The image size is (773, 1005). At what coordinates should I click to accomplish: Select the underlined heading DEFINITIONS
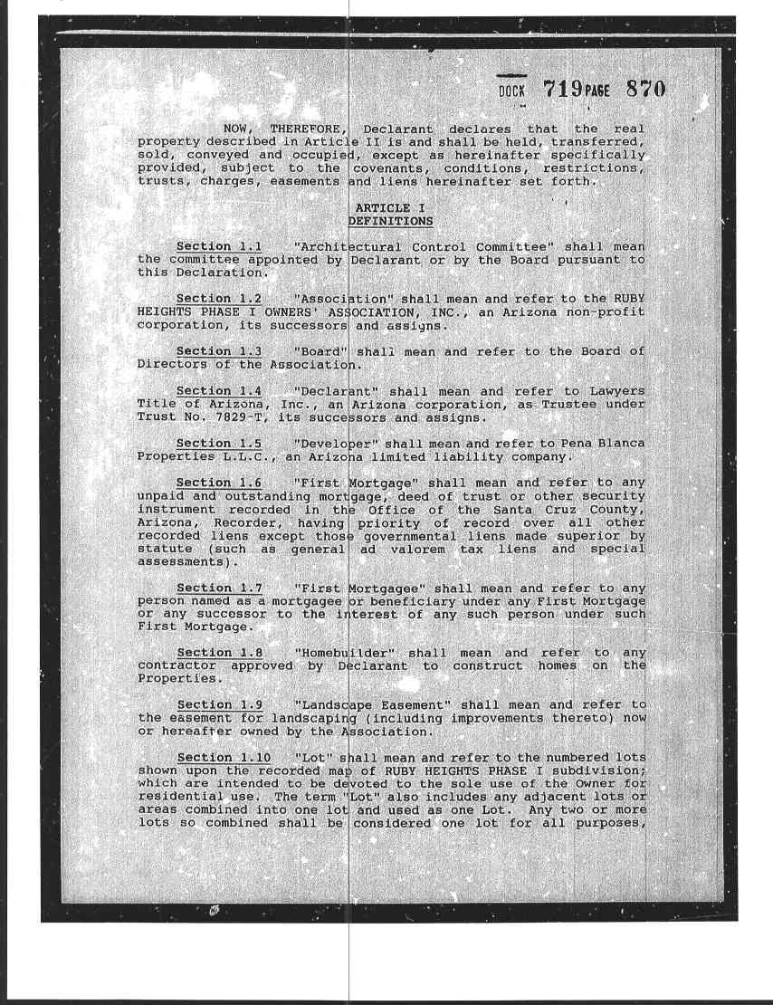tap(390, 221)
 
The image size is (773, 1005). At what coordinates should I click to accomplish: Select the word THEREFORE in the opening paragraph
tap(304, 129)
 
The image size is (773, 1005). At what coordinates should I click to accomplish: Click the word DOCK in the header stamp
tap(512, 91)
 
